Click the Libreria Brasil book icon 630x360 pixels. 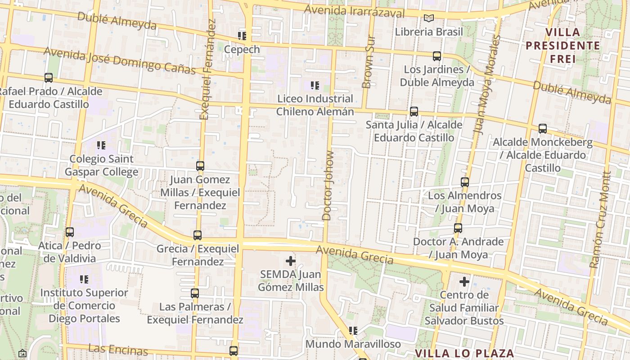tap(429, 18)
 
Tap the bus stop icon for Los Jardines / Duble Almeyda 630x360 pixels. tap(436, 56)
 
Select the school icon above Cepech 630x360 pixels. tap(242, 36)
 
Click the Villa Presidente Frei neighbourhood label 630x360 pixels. tap(563, 45)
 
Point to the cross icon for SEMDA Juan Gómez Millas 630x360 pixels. tap(291, 261)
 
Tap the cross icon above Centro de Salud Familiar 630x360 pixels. tap(464, 282)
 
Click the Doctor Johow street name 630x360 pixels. tap(328, 185)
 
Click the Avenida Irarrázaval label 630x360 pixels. tap(354, 11)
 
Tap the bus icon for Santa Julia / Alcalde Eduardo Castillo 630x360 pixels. tap(414, 112)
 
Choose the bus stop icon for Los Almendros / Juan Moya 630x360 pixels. tap(465, 182)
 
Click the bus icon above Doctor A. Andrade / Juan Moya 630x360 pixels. tap(458, 228)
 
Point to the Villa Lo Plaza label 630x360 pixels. tap(464, 353)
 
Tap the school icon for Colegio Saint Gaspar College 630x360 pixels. tap(101, 145)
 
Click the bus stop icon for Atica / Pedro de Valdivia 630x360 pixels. tap(69, 232)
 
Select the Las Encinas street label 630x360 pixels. tap(118, 350)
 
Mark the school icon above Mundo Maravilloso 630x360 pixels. tap(353, 331)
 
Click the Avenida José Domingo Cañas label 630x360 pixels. tap(119, 61)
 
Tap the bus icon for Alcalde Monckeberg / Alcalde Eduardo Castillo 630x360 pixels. tap(542, 129)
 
